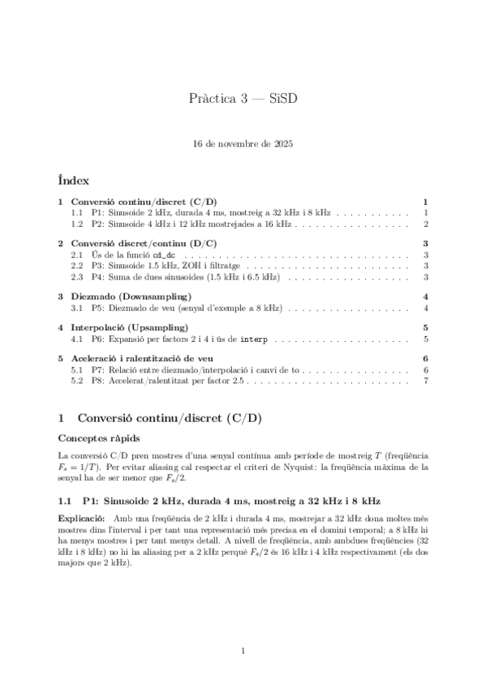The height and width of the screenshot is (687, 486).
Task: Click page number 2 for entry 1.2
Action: pyautogui.click(x=425, y=223)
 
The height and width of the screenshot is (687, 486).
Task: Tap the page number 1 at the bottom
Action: pyautogui.click(x=243, y=651)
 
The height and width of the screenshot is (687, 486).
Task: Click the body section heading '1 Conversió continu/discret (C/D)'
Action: pyautogui.click(x=160, y=418)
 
